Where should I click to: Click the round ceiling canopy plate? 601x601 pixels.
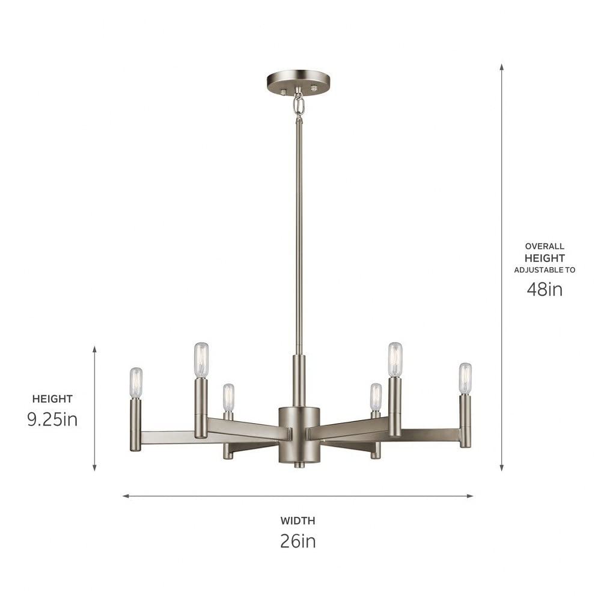tap(298, 80)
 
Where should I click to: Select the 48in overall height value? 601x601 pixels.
tap(545, 289)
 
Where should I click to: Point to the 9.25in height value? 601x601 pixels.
tap(52, 419)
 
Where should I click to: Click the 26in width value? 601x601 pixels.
tap(297, 541)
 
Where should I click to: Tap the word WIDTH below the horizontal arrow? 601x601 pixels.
tap(297, 521)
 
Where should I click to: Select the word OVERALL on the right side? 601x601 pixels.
tap(545, 246)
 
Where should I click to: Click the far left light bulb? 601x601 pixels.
tap(136, 382)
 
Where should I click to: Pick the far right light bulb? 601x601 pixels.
tap(465, 378)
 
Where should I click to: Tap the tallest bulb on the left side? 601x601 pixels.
tap(201, 359)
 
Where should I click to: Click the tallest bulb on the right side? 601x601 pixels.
tap(395, 359)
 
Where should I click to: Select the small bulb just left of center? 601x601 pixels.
tap(228, 397)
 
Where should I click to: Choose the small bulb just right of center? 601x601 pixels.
tap(376, 397)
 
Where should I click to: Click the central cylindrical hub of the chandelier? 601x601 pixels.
tap(299, 435)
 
